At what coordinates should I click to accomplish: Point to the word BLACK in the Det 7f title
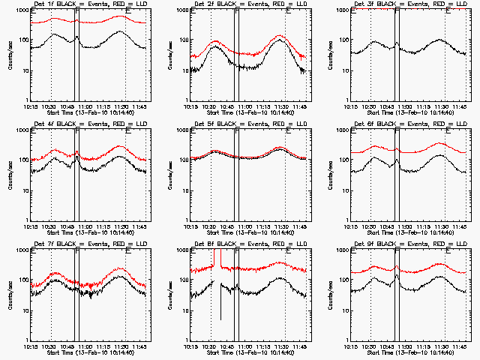click(67, 244)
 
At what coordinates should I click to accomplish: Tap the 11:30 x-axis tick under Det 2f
click(281, 107)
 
